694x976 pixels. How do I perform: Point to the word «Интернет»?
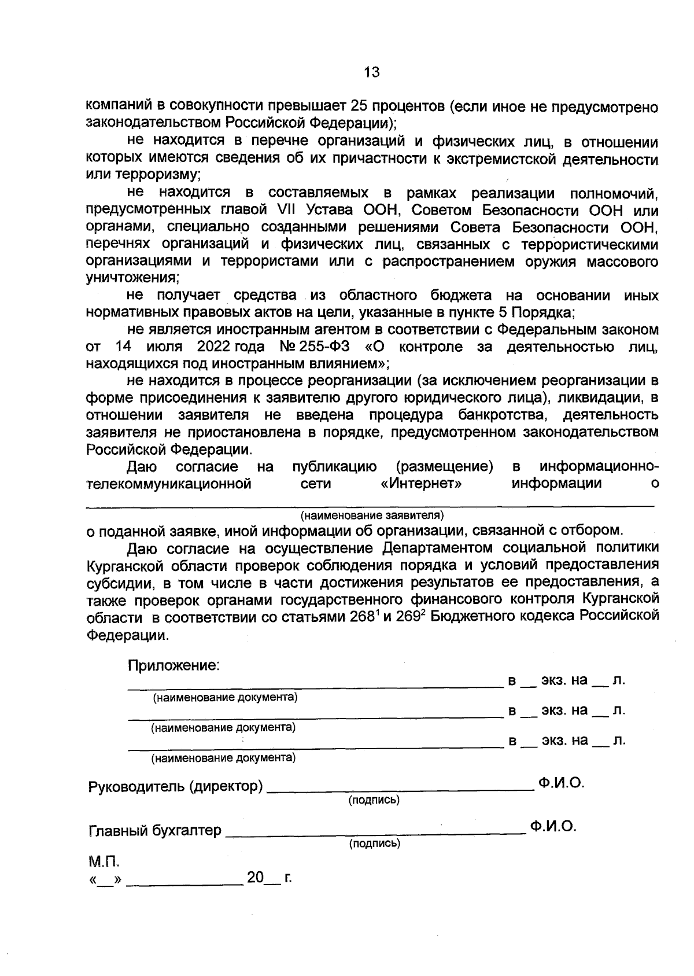click(x=421, y=483)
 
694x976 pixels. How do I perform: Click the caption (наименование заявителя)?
click(x=371, y=514)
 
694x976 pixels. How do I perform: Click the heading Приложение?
click(x=173, y=665)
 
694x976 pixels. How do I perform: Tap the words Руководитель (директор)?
click(x=175, y=787)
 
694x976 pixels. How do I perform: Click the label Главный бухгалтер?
click(x=154, y=831)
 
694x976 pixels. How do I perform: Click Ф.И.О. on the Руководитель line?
click(x=560, y=783)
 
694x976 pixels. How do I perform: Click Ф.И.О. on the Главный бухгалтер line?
click(x=553, y=827)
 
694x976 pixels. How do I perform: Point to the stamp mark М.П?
click(x=104, y=862)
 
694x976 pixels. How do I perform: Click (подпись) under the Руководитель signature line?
click(x=374, y=800)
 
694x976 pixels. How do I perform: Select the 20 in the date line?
click(x=255, y=878)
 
